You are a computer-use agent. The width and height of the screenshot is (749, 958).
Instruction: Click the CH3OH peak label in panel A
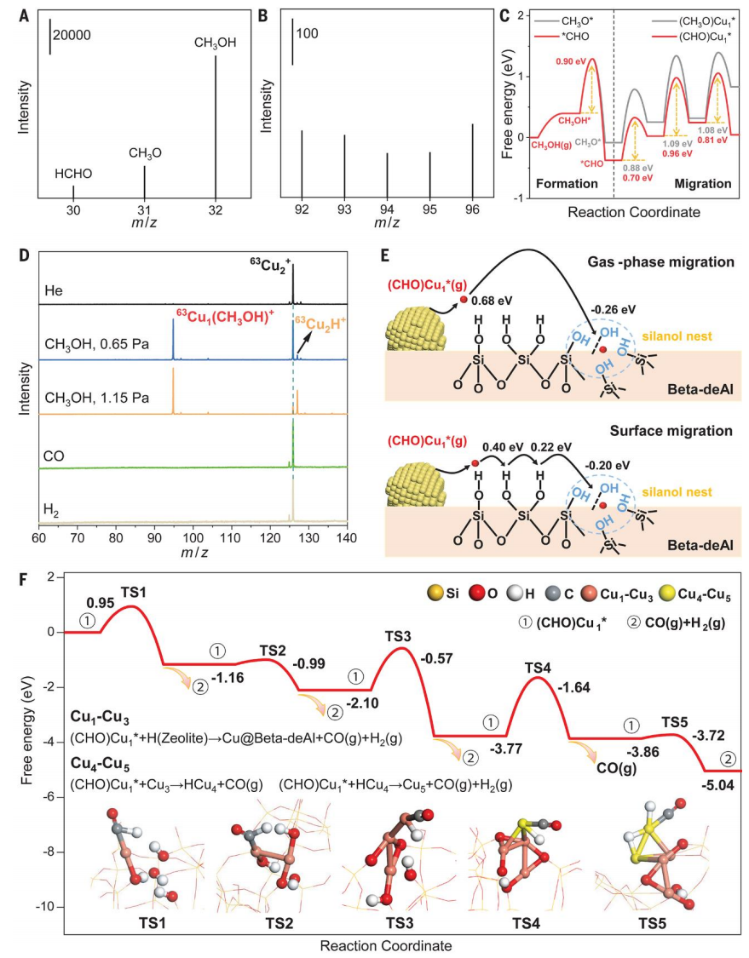tap(215, 42)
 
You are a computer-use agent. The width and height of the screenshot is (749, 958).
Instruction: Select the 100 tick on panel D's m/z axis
tap(193, 538)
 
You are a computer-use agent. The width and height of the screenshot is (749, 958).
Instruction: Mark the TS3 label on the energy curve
tap(399, 636)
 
